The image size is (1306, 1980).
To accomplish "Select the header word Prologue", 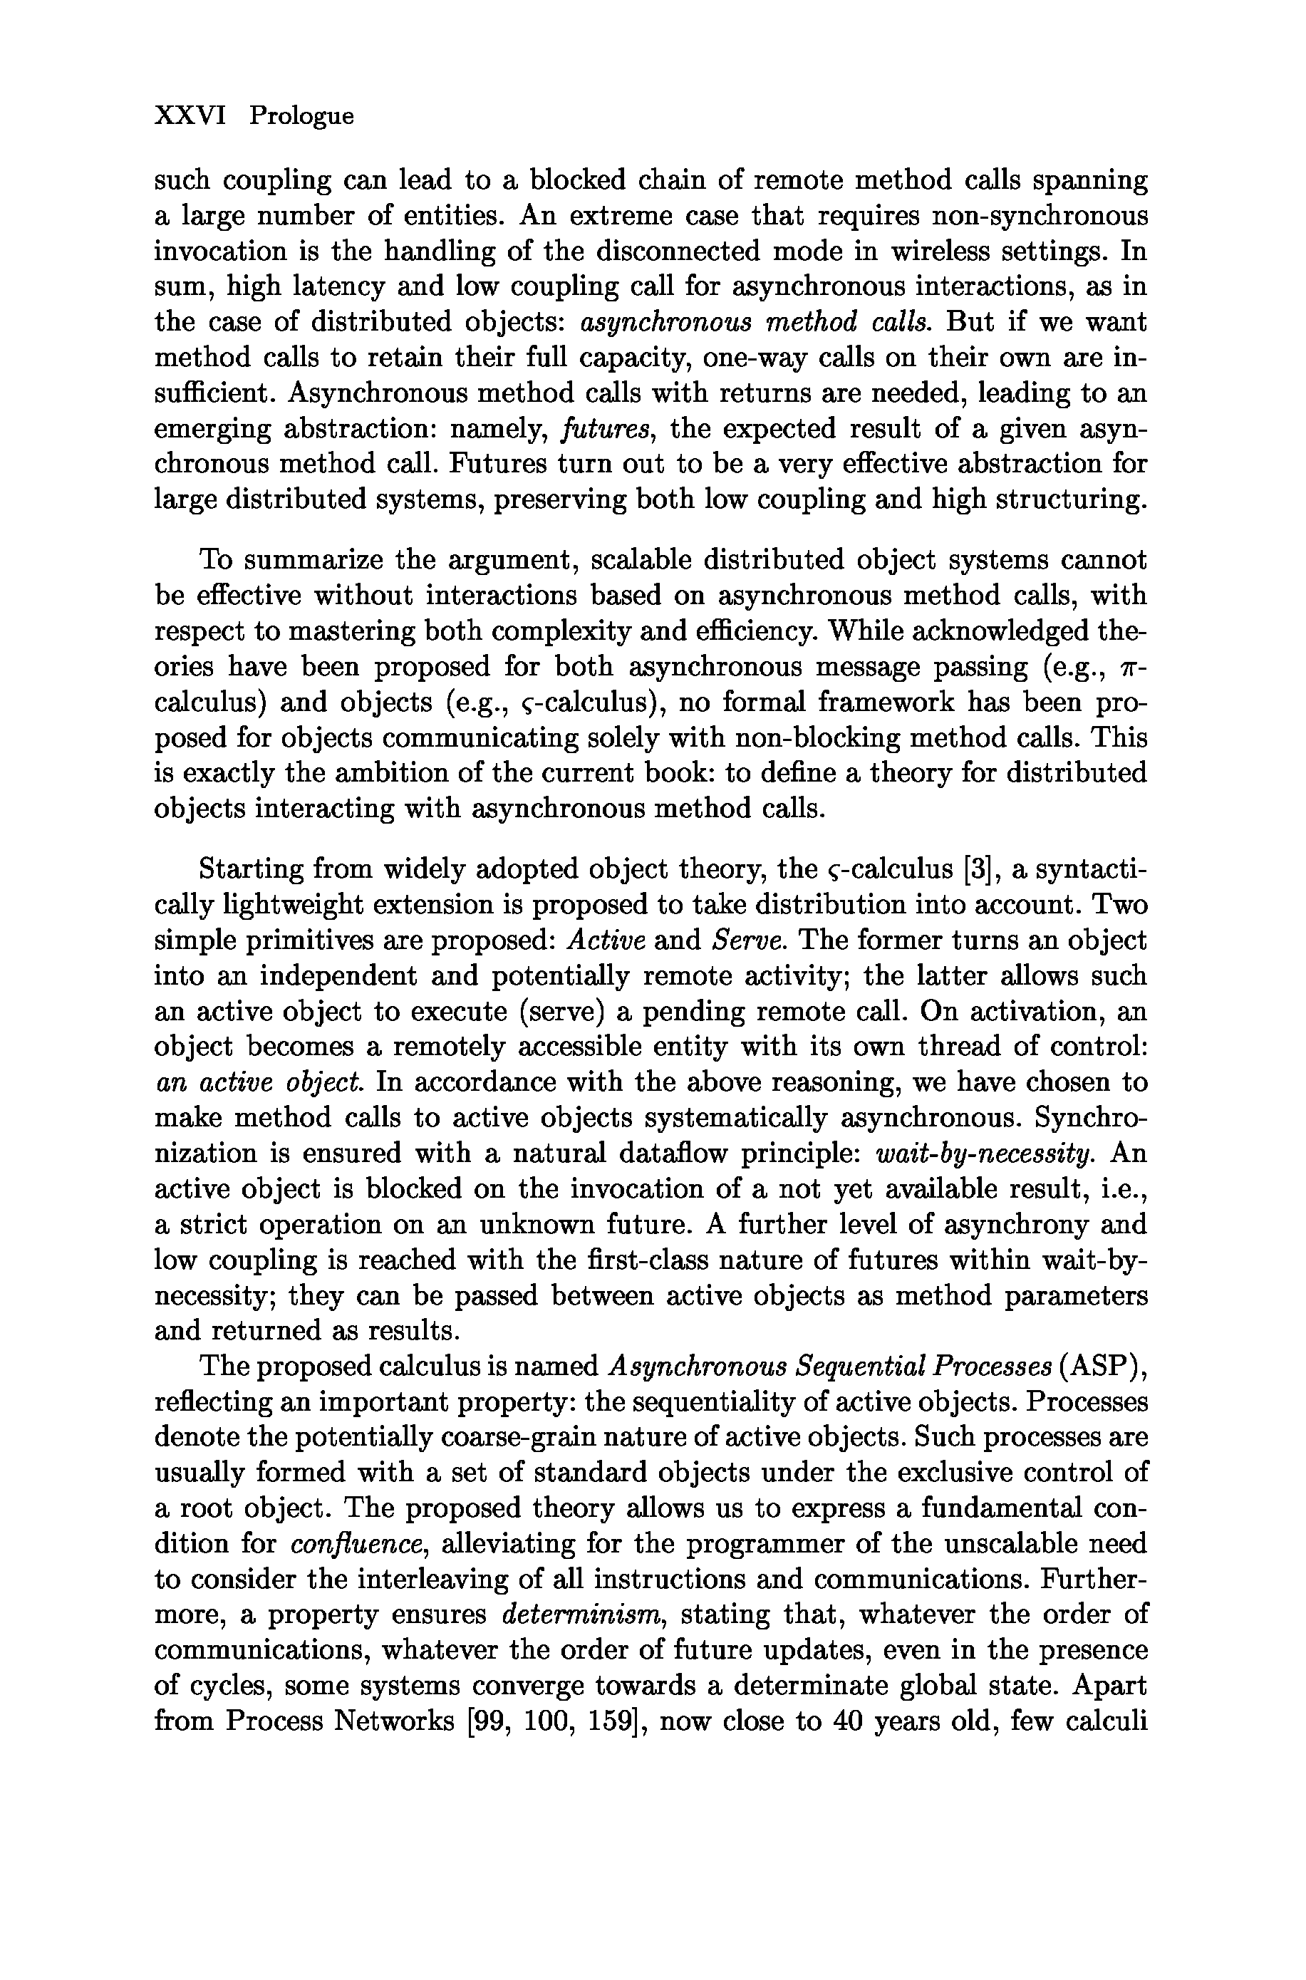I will [301, 117].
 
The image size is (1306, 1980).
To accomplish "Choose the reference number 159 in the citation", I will [611, 1722].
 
